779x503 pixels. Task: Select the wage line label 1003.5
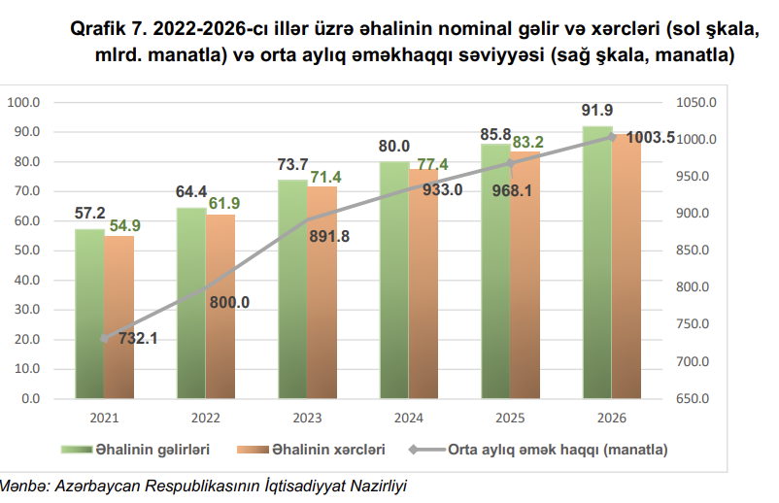pos(648,138)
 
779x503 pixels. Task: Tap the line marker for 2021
pos(105,339)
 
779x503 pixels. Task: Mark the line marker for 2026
pos(612,137)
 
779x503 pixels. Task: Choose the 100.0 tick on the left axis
pos(23,102)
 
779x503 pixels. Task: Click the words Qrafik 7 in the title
pos(107,30)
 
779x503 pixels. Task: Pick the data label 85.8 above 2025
pos(495,134)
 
